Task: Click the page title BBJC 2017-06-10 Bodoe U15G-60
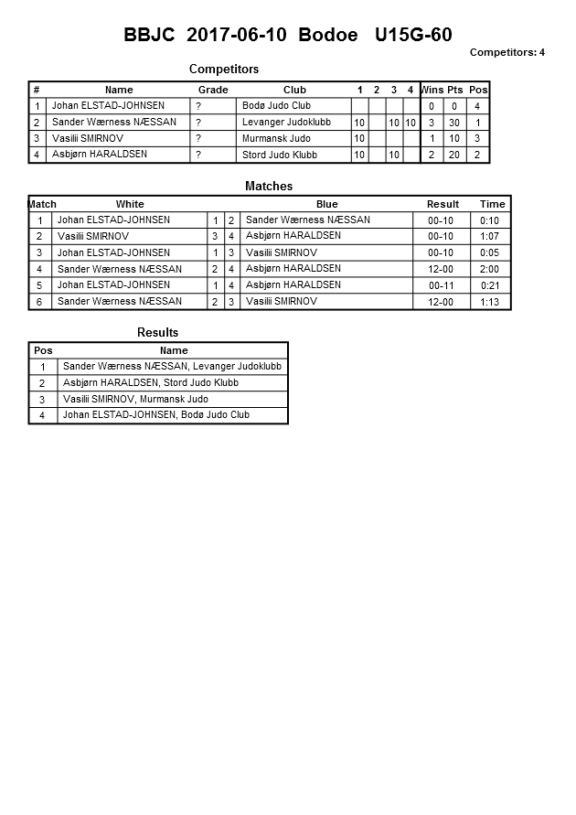[x=288, y=36]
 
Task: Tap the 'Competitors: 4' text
[x=507, y=52]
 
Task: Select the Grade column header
[x=213, y=90]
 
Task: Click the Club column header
[x=294, y=90]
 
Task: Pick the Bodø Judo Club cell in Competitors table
[x=277, y=106]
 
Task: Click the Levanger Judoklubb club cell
[x=286, y=122]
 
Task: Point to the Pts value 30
[x=454, y=123]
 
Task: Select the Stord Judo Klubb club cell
[x=280, y=155]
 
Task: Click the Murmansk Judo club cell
[x=276, y=138]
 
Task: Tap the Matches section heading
[x=269, y=186]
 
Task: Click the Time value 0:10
[x=490, y=220]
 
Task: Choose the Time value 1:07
[x=490, y=236]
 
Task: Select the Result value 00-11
[x=441, y=285]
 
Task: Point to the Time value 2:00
[x=490, y=269]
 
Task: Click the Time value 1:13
[x=490, y=302]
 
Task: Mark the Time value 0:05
[x=490, y=252]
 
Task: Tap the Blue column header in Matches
[x=326, y=204]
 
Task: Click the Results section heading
[x=157, y=332]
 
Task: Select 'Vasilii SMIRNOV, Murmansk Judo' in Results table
[x=135, y=399]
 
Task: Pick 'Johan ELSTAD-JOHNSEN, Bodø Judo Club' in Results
[x=156, y=415]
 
